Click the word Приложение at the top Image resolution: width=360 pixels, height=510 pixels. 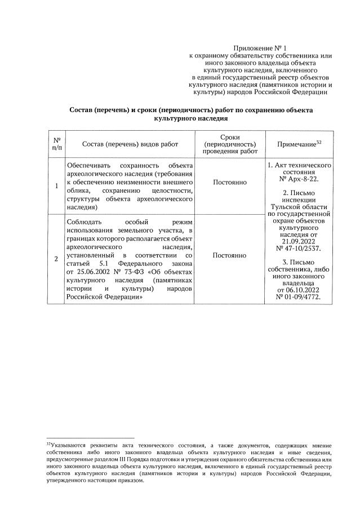coord(254,49)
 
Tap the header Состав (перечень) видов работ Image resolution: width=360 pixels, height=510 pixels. coord(130,144)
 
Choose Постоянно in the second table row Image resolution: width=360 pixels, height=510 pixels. coord(229,256)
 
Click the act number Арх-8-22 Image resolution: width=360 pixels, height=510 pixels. coord(303,179)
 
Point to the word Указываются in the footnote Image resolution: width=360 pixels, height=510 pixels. coord(67,446)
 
